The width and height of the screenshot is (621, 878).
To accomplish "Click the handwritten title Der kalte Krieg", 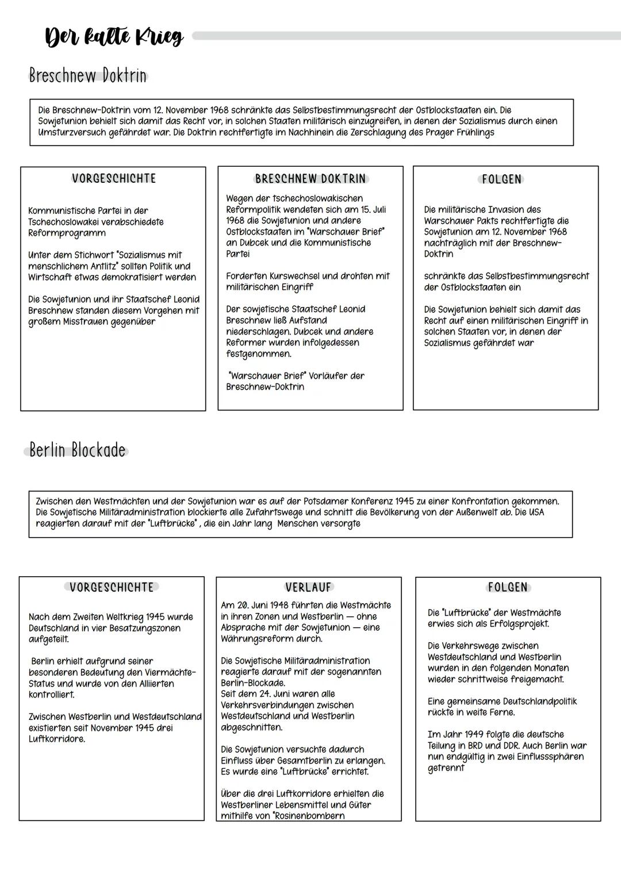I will point(114,37).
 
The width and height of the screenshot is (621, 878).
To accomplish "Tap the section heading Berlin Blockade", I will point(77,450).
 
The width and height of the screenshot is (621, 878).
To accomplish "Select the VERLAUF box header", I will point(309,588).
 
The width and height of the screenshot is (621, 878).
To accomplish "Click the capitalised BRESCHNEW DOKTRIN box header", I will point(310,179).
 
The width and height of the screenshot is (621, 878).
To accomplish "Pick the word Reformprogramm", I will point(67,233).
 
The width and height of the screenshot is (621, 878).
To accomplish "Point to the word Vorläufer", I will point(329,376).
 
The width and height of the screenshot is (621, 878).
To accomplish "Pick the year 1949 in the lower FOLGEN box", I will point(471,734).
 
